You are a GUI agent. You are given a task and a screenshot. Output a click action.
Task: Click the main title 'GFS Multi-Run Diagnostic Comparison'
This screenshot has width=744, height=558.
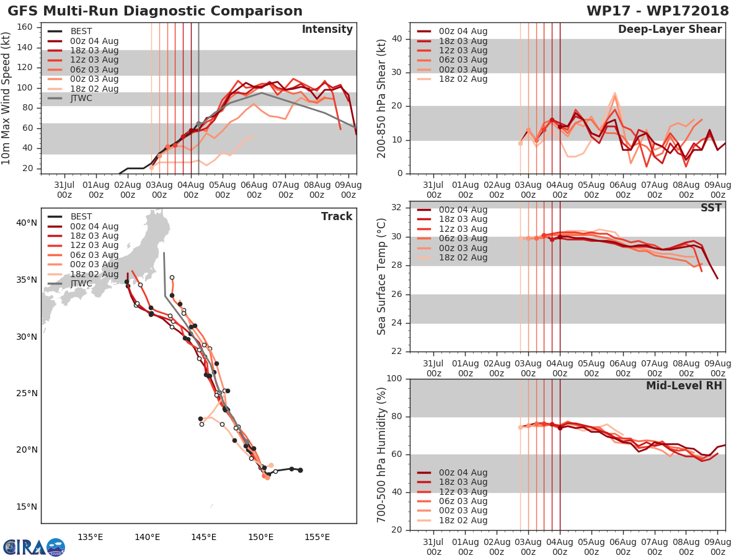click(x=155, y=11)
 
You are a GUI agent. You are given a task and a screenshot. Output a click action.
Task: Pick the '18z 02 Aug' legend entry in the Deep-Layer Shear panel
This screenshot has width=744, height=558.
click(x=461, y=79)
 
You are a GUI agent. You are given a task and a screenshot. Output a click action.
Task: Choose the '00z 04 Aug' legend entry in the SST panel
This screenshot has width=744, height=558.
click(x=461, y=210)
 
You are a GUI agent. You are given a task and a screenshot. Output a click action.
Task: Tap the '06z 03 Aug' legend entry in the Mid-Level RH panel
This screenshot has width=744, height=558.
click(x=461, y=501)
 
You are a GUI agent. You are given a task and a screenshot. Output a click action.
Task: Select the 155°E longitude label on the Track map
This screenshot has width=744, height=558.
click(x=317, y=537)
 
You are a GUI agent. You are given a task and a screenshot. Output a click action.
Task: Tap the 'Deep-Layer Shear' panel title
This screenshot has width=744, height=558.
click(x=670, y=30)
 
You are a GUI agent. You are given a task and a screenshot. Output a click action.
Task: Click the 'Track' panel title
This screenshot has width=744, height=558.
click(x=336, y=216)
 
